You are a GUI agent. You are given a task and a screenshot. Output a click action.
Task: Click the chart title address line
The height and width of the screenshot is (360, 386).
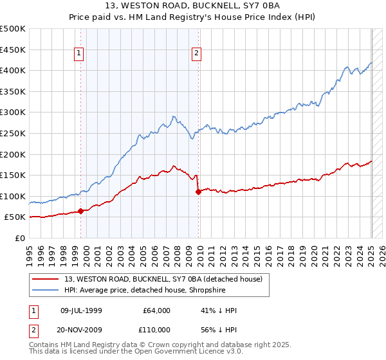pos(193,6)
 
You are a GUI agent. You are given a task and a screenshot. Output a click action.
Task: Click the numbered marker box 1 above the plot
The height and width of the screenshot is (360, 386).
pos(78,54)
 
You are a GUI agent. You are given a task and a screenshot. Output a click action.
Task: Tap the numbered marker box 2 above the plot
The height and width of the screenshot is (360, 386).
pos(196,54)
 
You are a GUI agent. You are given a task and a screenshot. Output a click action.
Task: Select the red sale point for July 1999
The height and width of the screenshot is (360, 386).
pos(81,211)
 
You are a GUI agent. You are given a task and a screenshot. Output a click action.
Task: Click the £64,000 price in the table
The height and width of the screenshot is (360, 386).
pos(155,310)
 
